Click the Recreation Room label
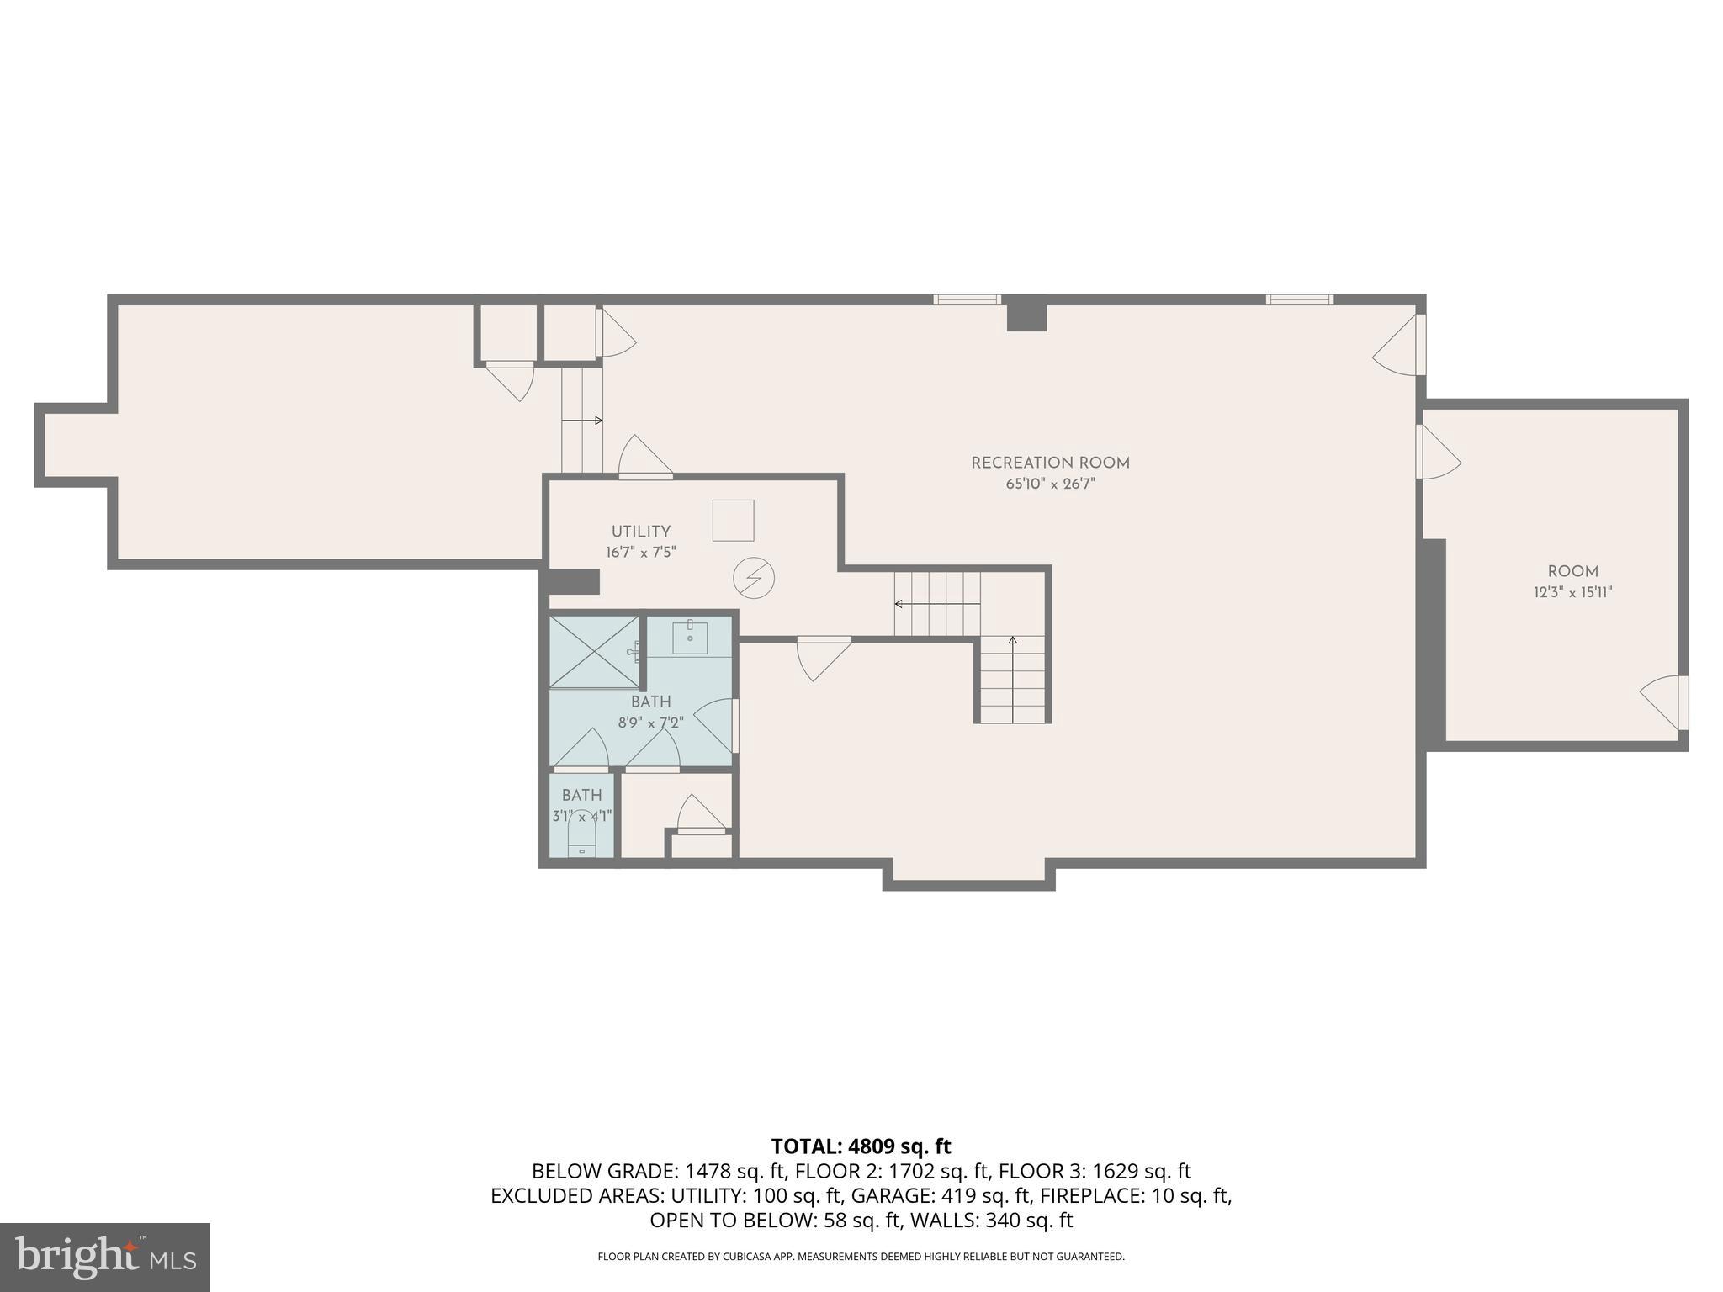tap(1050, 463)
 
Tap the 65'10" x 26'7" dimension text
tap(1050, 484)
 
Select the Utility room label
tap(640, 532)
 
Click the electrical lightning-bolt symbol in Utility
tap(753, 578)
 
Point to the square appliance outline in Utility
tap(733, 520)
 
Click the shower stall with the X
tap(594, 652)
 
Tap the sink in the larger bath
tap(690, 638)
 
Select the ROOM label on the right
tap(1572, 571)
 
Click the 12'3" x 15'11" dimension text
tap(1572, 592)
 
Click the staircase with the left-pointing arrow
tap(937, 604)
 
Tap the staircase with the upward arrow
tap(1013, 680)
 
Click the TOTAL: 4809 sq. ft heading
tap(861, 1146)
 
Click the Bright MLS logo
tap(104, 1257)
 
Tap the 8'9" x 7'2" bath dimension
tap(650, 723)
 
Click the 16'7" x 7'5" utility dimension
tap(640, 553)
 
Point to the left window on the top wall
tap(967, 299)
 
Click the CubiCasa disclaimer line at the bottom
tap(861, 1257)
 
